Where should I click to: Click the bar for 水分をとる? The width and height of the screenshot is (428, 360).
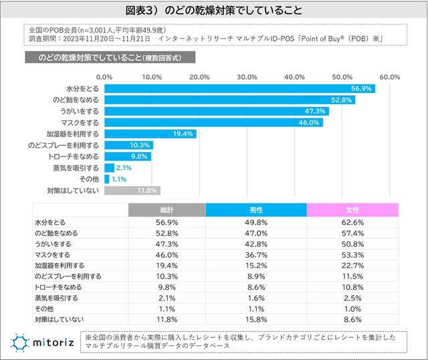238,89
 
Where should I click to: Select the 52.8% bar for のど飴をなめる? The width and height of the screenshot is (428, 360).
229,100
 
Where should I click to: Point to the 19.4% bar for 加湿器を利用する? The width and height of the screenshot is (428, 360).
150,134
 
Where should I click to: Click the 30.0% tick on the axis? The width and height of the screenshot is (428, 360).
247,77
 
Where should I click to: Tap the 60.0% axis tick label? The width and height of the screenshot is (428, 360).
389,77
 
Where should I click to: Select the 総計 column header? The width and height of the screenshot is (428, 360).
165,209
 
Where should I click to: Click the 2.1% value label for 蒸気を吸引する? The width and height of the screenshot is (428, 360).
123,168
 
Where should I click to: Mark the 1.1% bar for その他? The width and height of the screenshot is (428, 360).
106,179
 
